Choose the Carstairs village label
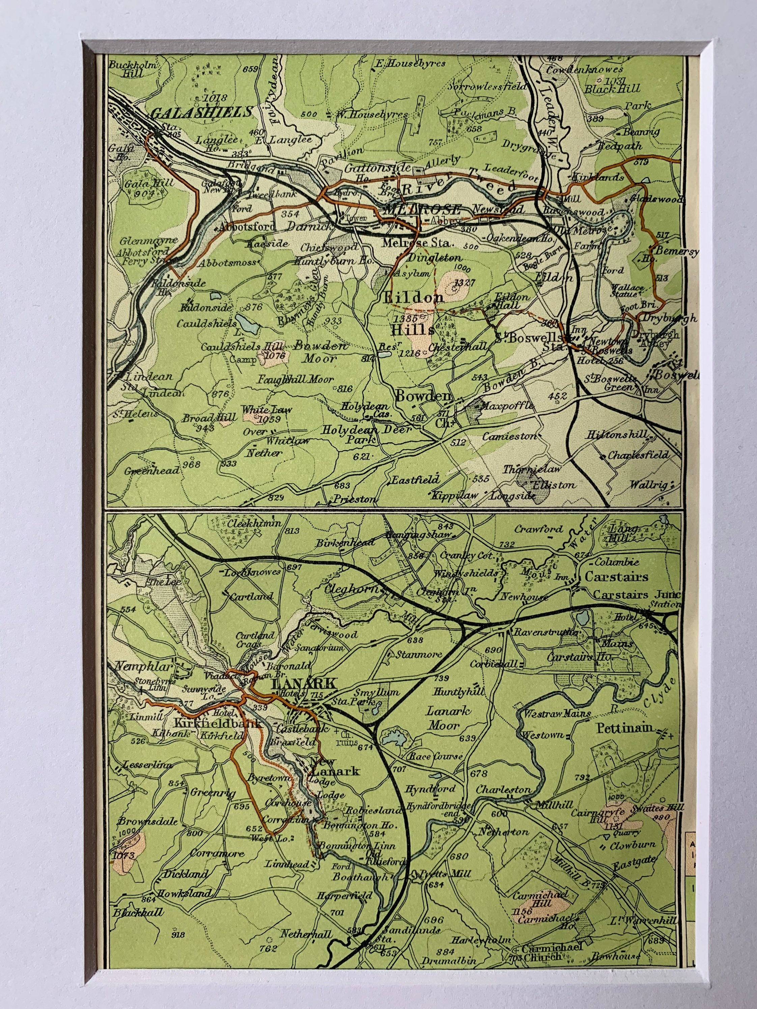click(616, 577)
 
